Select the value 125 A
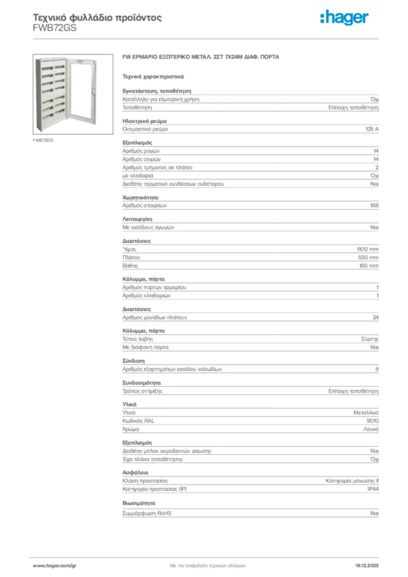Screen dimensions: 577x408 tap(372, 129)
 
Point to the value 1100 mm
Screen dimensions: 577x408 tap(367, 249)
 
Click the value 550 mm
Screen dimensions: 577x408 tap(369, 258)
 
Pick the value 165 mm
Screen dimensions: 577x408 tap(369, 265)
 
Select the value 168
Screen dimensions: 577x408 tap(374, 206)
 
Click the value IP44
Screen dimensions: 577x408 tap(372, 489)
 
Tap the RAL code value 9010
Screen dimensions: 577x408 tap(372, 421)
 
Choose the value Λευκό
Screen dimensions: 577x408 tap(371, 429)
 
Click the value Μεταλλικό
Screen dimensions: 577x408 tap(365, 413)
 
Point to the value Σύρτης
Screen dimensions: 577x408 tap(370, 339)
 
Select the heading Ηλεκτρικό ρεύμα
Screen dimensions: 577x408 tap(144, 121)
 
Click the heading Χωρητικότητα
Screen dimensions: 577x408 tap(140, 198)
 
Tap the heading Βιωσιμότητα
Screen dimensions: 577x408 tap(139, 503)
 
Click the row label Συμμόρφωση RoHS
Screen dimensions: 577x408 tap(147, 514)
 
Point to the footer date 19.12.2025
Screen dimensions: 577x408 tap(366, 565)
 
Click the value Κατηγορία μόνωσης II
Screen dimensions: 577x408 tap(352, 481)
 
